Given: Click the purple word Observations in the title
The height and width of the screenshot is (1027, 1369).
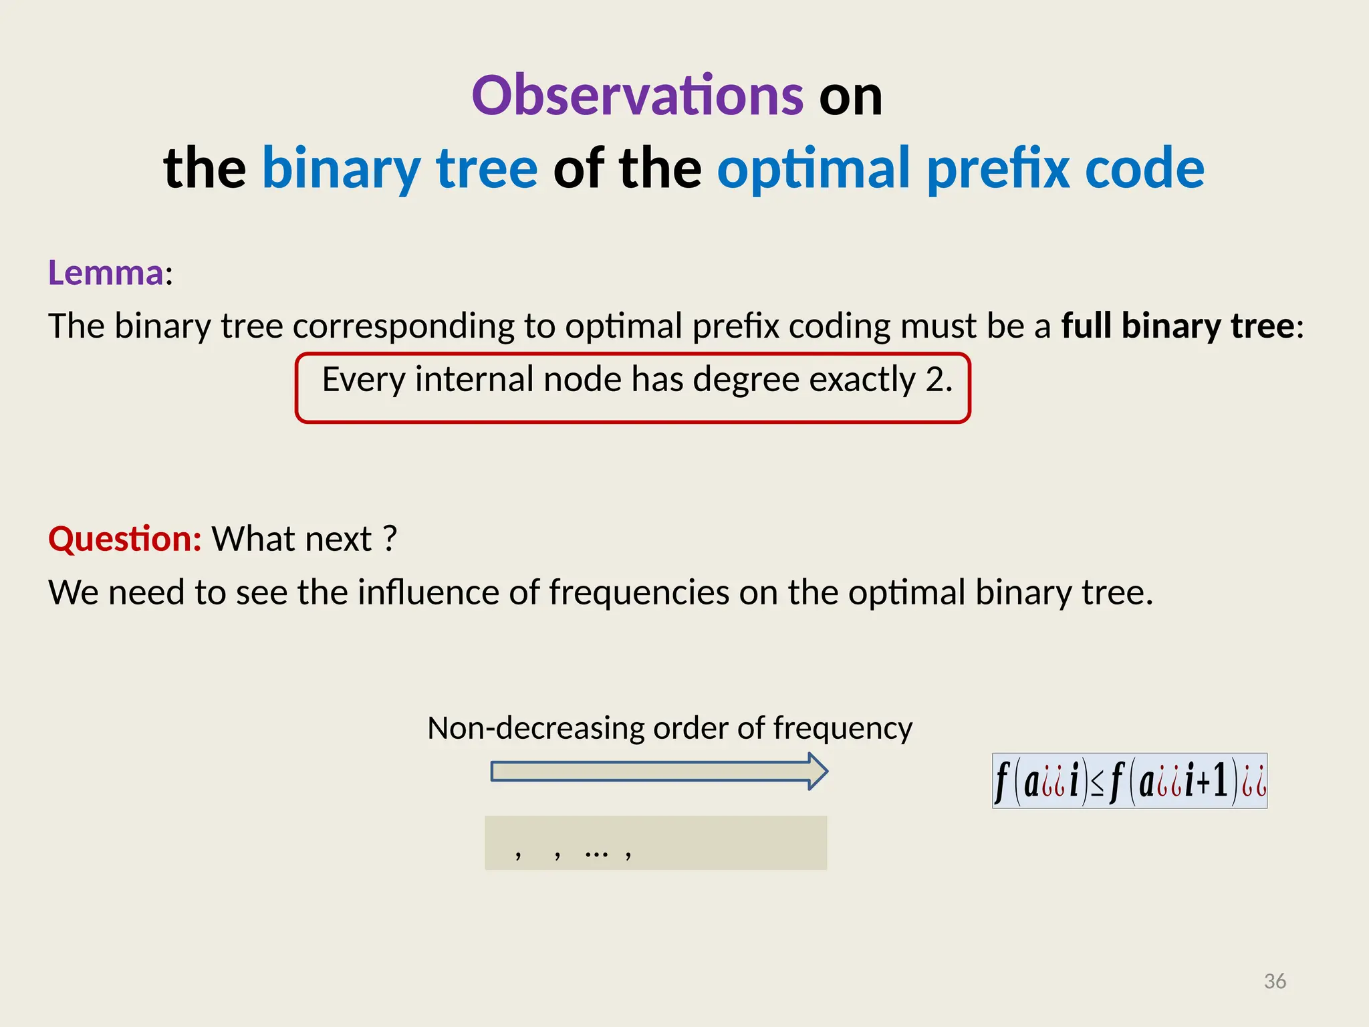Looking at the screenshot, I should click(637, 96).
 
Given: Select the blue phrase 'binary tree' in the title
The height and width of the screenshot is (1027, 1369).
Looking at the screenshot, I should click(400, 168).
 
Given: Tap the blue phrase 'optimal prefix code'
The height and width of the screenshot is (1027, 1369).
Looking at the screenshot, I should click(961, 168).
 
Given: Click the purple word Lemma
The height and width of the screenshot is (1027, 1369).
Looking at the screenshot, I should click(106, 273).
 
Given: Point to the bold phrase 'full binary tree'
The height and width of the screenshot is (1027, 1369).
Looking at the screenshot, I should click(1178, 326).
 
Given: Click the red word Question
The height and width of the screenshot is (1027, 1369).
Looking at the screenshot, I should click(124, 539).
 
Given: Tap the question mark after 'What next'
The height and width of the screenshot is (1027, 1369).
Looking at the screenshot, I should click(390, 539).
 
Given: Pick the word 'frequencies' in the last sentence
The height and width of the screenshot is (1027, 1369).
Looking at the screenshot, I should click(639, 592).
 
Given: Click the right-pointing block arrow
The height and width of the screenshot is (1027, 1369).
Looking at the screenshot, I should click(659, 772).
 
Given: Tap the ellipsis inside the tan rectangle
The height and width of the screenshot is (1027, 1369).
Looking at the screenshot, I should click(596, 854).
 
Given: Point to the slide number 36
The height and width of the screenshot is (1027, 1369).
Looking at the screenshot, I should click(1275, 981).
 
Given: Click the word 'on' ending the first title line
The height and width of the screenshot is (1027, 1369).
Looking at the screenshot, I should click(850, 96).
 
